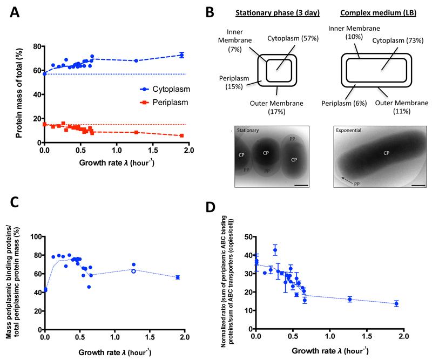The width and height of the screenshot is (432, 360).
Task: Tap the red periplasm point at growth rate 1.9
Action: [x=181, y=135]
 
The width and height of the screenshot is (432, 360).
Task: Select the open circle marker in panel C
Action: [x=133, y=271]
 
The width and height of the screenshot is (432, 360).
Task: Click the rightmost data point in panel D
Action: [x=396, y=303]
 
